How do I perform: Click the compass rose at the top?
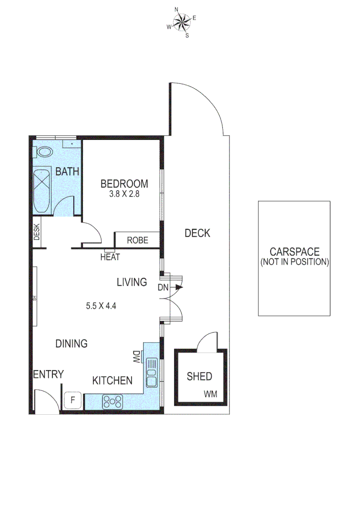(182, 21)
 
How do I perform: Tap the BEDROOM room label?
(124, 184)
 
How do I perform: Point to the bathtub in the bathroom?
(41, 190)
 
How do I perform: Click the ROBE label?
(138, 240)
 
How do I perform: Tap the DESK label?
(37, 232)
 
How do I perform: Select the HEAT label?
(110, 257)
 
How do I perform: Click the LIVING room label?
(132, 282)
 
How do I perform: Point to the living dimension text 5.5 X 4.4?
(101, 305)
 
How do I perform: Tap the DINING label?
(72, 344)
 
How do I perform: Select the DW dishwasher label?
(137, 357)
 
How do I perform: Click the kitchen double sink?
(152, 372)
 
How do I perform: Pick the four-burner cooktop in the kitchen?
(113, 401)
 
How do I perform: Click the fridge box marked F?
(73, 401)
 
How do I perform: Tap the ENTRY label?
(48, 375)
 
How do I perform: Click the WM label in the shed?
(211, 394)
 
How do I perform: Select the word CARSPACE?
(295, 252)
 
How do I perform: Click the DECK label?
(197, 233)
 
